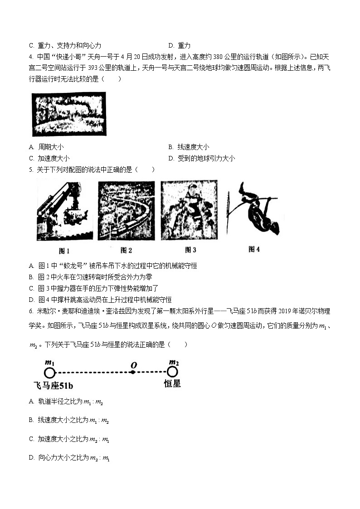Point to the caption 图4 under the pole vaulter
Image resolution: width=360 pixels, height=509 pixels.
click(254, 249)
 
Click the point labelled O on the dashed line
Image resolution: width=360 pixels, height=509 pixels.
click(132, 373)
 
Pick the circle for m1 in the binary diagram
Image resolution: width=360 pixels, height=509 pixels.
click(49, 373)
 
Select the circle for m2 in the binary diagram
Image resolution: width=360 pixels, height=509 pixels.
click(172, 373)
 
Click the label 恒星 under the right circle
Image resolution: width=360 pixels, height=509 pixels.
click(172, 384)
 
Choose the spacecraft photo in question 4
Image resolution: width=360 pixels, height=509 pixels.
click(69, 114)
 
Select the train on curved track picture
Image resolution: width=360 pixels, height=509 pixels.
click(126, 211)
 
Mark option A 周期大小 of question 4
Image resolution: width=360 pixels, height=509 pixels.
click(46, 147)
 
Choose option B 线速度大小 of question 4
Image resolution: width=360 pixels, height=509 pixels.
click(189, 147)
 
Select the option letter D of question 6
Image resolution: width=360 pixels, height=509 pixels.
click(31, 458)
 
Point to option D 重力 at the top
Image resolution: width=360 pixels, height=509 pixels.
click(180, 45)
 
